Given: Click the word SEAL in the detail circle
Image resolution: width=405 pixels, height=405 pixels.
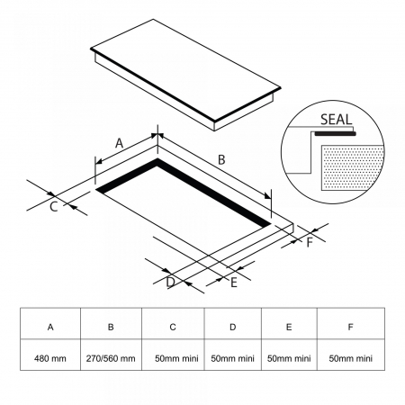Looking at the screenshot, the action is click(336, 120).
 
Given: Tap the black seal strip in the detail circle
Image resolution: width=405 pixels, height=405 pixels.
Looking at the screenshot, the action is click(336, 134).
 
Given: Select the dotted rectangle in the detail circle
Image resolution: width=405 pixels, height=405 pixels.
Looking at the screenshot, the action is click(353, 167).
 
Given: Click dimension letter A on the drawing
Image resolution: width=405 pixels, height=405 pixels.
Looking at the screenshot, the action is click(120, 143).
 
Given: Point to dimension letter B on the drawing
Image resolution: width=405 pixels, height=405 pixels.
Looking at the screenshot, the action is click(221, 159).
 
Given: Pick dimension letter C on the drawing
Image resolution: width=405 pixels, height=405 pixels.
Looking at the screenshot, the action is click(53, 207).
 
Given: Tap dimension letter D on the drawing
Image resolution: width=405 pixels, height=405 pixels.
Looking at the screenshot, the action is click(170, 283).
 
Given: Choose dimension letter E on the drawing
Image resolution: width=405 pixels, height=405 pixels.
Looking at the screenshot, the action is click(234, 283).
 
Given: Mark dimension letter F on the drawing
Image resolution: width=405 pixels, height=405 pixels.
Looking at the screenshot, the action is click(310, 242).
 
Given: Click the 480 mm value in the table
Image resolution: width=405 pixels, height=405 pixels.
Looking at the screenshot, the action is click(50, 358).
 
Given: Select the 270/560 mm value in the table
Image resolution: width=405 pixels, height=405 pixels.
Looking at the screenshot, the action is click(111, 358).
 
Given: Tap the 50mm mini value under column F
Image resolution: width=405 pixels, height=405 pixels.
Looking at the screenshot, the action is click(351, 358).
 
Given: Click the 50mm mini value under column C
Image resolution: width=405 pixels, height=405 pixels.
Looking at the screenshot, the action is click(176, 358).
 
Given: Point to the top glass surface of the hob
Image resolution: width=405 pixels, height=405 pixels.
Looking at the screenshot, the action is click(185, 69).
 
